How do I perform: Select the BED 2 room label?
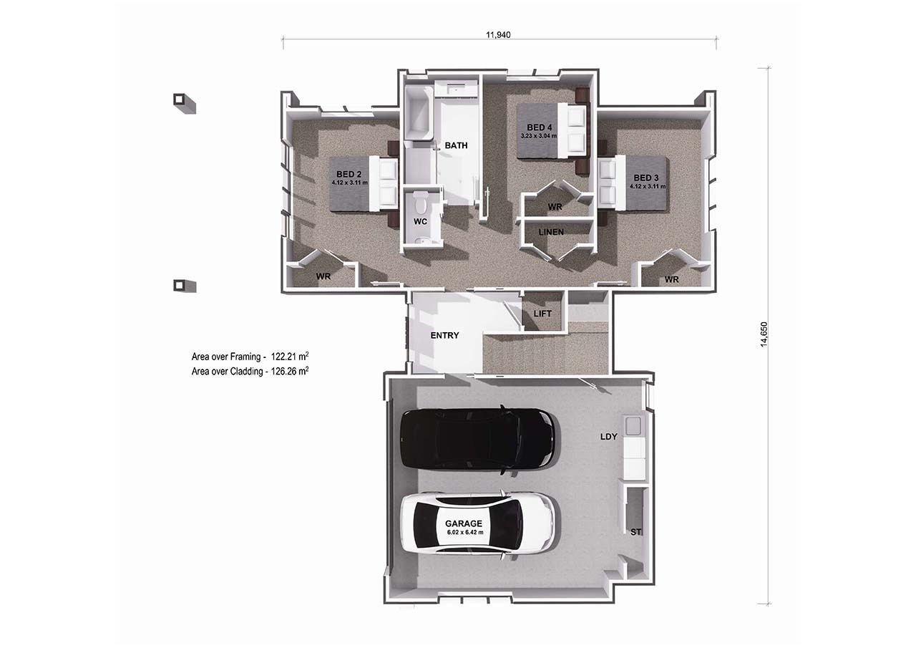[x=349, y=174]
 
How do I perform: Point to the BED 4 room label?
[x=539, y=127]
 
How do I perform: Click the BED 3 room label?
[x=646, y=178]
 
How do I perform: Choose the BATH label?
[x=456, y=145]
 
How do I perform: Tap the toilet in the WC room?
[x=420, y=202]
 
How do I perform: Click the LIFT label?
[x=542, y=314]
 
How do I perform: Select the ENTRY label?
[x=444, y=335]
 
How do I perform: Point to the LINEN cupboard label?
[x=551, y=232]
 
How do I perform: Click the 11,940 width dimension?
[x=498, y=35]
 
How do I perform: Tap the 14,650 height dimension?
[x=764, y=334]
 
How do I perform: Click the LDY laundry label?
[x=608, y=437]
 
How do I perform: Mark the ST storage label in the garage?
[x=635, y=532]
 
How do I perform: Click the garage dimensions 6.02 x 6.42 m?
[x=465, y=532]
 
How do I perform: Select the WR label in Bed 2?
[x=323, y=276]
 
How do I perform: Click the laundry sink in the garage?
[x=633, y=426]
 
